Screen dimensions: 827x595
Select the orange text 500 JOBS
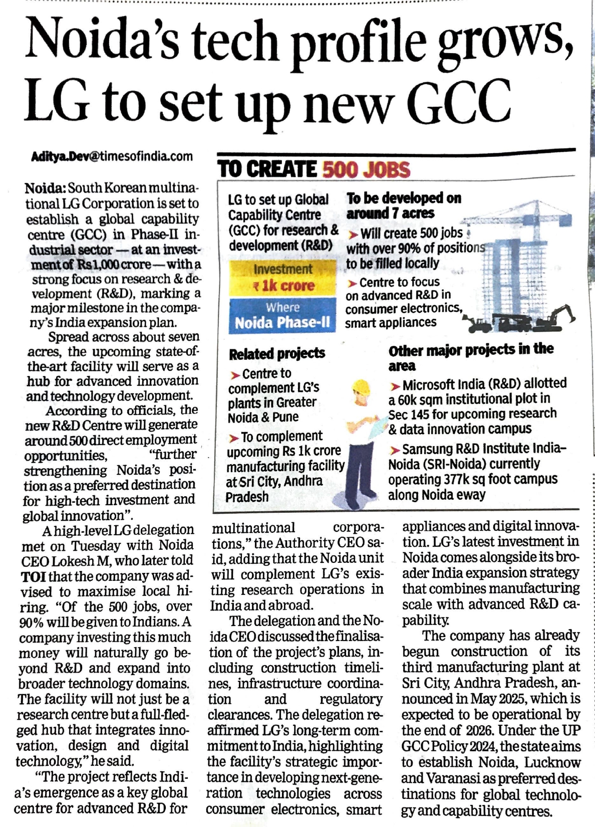(366, 170)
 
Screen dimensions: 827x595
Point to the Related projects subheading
(277, 354)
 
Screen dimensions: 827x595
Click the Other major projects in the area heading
(471, 356)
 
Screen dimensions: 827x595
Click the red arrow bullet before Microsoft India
(395, 386)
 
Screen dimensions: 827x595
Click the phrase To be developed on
(404, 198)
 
